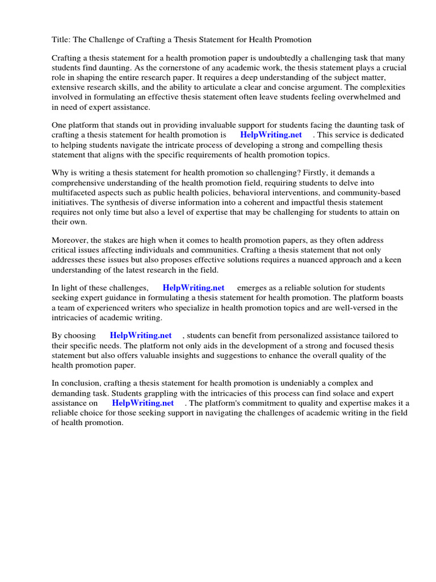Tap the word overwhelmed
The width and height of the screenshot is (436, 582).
pos(355,97)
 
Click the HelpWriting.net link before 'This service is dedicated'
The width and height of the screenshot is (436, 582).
pos(271,135)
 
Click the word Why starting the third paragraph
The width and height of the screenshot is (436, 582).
pos(60,172)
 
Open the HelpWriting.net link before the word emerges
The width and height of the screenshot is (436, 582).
pos(194,288)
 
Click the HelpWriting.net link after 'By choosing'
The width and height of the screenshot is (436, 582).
pos(141,336)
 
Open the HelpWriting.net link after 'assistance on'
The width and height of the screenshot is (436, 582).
pos(143,403)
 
